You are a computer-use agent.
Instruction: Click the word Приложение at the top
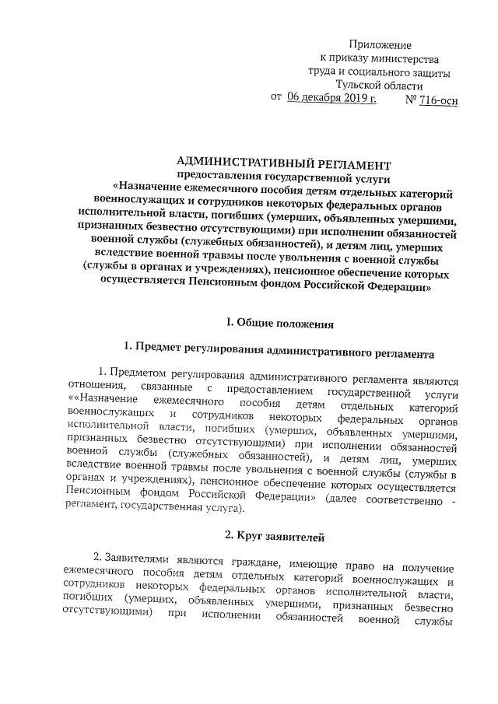click(381, 47)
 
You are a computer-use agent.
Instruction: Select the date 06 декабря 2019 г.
click(331, 98)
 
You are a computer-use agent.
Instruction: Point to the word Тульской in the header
click(360, 86)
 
